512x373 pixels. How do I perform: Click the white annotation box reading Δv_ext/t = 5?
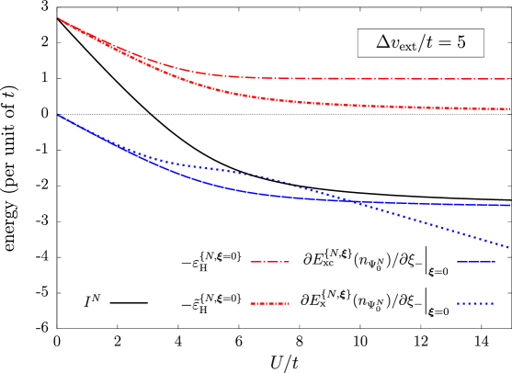[420, 42]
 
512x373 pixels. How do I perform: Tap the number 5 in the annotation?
[460, 42]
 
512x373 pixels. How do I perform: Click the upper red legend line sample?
[269, 262]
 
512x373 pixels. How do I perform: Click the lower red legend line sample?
[269, 303]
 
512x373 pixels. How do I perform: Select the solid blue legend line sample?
[475, 262]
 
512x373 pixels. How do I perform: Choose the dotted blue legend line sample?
[475, 303]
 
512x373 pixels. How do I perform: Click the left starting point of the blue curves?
[58, 115]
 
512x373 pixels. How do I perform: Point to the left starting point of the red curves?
[58, 17]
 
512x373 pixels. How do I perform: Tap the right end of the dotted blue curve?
[509, 247]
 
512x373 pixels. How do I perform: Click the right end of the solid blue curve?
[509, 205]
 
